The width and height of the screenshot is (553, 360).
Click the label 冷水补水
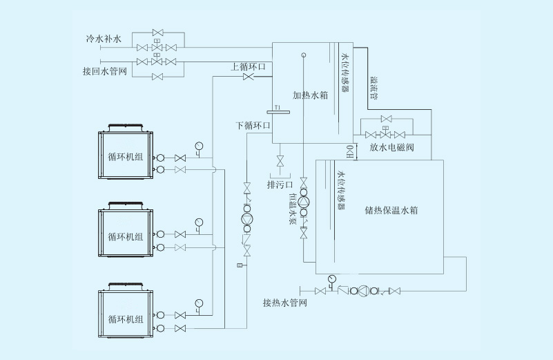point(99,40)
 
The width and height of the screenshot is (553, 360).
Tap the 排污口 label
point(280,185)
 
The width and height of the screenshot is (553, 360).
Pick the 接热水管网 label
point(284,303)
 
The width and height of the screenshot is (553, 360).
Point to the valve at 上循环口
point(248,77)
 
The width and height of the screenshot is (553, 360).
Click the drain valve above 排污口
point(280,162)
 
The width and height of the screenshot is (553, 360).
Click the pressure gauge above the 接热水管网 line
point(331,279)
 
